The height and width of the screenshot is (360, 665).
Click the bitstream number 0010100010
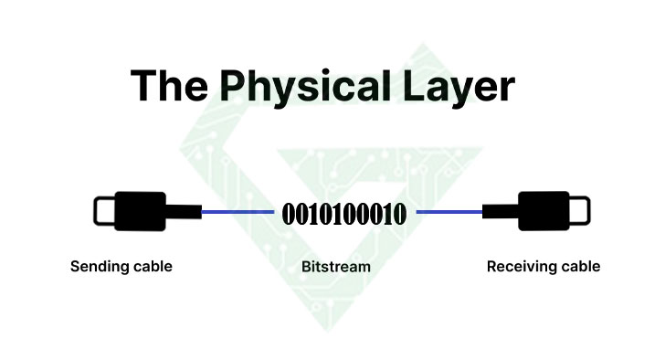point(344,216)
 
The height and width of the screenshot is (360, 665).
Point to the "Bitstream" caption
point(335,267)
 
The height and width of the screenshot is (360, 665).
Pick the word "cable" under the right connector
point(580,267)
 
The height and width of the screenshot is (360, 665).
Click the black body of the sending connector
point(139,211)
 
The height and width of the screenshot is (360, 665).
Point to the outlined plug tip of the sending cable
point(103,211)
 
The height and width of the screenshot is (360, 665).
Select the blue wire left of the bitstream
point(237,212)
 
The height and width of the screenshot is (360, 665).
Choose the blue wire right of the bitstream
point(449,212)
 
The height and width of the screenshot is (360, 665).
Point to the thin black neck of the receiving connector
point(500,212)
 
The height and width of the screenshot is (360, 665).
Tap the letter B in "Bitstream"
point(306,267)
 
